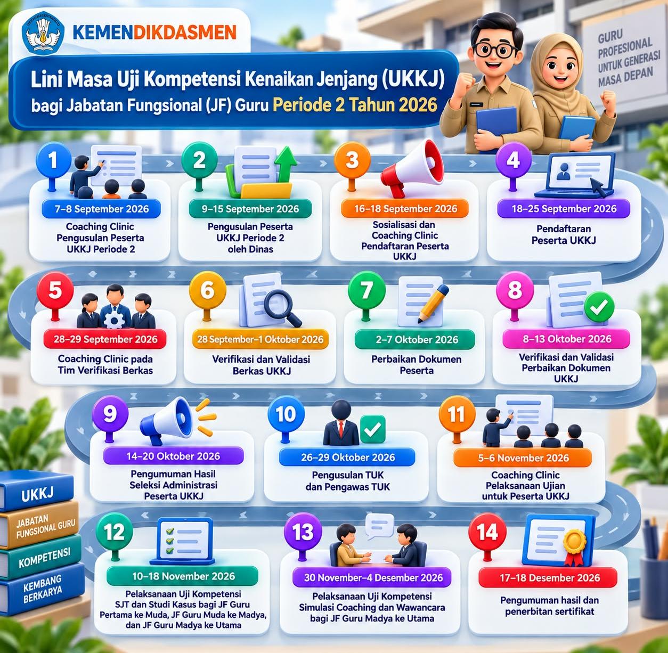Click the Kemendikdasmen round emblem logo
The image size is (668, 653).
(43, 33)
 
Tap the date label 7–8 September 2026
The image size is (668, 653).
(102, 209)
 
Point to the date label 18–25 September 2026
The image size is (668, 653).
(564, 209)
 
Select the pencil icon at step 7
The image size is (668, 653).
(433, 304)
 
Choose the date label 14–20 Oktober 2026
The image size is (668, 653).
(173, 456)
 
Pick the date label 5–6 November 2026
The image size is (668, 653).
(523, 458)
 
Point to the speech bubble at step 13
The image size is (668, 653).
(380, 525)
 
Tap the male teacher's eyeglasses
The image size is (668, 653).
(496, 50)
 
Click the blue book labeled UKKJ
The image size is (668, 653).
(37, 492)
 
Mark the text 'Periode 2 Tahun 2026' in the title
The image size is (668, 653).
(355, 105)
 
